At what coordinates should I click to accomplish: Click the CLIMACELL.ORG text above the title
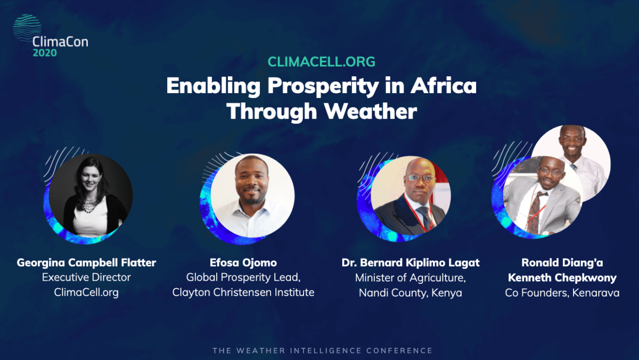321,62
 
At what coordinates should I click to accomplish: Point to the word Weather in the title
370,111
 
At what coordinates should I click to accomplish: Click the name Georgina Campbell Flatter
86,263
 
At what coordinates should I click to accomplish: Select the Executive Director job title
86,277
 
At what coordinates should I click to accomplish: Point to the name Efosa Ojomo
243,263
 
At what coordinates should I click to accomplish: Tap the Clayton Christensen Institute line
243,292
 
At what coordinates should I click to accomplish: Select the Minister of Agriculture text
411,277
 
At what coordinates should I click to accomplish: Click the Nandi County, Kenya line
411,292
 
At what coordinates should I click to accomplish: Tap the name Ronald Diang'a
562,263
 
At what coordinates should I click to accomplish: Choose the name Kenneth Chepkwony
562,277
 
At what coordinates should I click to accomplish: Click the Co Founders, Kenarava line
562,292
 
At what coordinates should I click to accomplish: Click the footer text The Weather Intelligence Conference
322,350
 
